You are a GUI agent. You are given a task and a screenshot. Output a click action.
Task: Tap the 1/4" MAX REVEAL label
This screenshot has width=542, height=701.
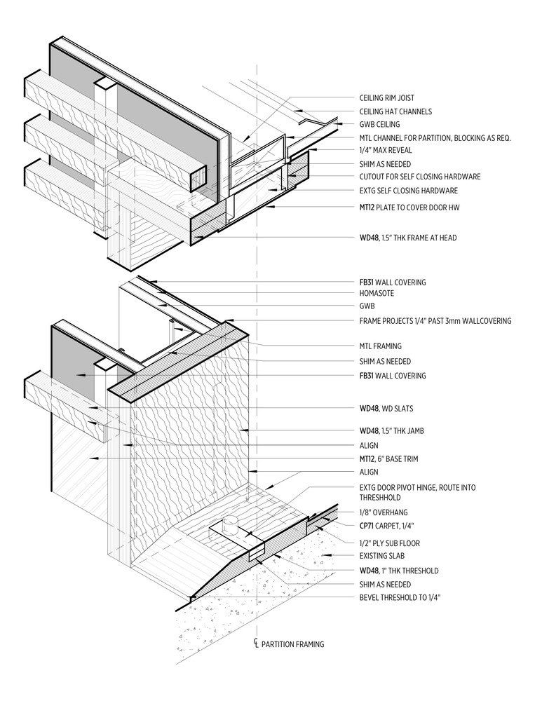point(386,150)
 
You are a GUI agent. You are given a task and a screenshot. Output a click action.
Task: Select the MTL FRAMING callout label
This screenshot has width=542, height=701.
point(381,346)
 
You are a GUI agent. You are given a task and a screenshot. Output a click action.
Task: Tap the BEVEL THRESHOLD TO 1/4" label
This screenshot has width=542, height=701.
point(400,597)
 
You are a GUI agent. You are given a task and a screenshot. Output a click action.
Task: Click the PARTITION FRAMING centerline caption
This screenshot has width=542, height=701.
point(292,644)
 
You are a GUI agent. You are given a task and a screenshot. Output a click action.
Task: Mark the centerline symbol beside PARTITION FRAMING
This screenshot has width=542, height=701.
point(257,644)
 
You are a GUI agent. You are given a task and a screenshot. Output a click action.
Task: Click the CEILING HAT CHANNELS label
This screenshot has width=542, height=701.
point(395,111)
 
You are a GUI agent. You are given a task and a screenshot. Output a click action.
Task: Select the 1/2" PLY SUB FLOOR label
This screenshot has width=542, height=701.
point(390,543)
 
